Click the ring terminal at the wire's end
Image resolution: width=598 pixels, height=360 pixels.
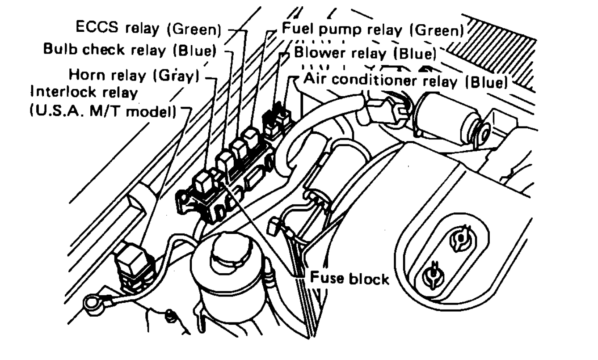point(89,307)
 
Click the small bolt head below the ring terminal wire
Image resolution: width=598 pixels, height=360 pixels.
point(170,318)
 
